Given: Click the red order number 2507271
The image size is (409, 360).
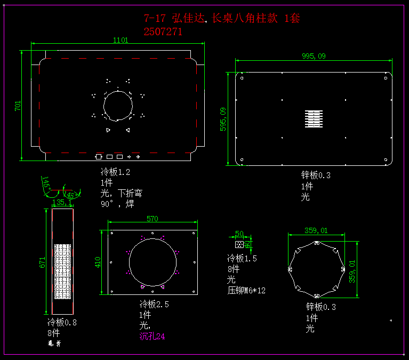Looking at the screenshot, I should pos(163,31).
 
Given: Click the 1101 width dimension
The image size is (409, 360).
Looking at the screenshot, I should pos(121,40).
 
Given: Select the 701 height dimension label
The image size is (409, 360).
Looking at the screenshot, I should pos(18,106).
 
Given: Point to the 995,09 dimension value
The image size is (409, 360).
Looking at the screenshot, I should pos(314,56).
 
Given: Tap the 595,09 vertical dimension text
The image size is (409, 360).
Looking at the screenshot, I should pos(223,119).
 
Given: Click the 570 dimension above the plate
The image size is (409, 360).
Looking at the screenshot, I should pos(153,219).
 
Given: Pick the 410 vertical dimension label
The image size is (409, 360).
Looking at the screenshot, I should pos(98,262).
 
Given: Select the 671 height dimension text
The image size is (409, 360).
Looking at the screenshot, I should pos(42,262).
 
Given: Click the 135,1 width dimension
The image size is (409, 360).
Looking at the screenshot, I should pos(62,203).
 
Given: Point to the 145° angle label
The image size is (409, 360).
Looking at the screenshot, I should pos(46,183).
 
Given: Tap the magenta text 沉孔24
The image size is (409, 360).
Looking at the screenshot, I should pos(153,337).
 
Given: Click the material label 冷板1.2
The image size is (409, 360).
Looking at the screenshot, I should pos(115,172).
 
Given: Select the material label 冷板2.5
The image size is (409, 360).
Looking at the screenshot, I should pos(154,305).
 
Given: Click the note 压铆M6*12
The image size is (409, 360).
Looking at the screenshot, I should pos(246,291).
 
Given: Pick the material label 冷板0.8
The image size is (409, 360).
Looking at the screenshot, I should pos(62,322).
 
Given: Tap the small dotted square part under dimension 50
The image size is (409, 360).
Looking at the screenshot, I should pos(239,244).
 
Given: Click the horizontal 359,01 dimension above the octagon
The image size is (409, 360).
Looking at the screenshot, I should pos(316,231).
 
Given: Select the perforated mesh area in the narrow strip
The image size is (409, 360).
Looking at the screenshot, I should pos(62,272).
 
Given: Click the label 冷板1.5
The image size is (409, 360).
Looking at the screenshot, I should pos(242,259).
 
